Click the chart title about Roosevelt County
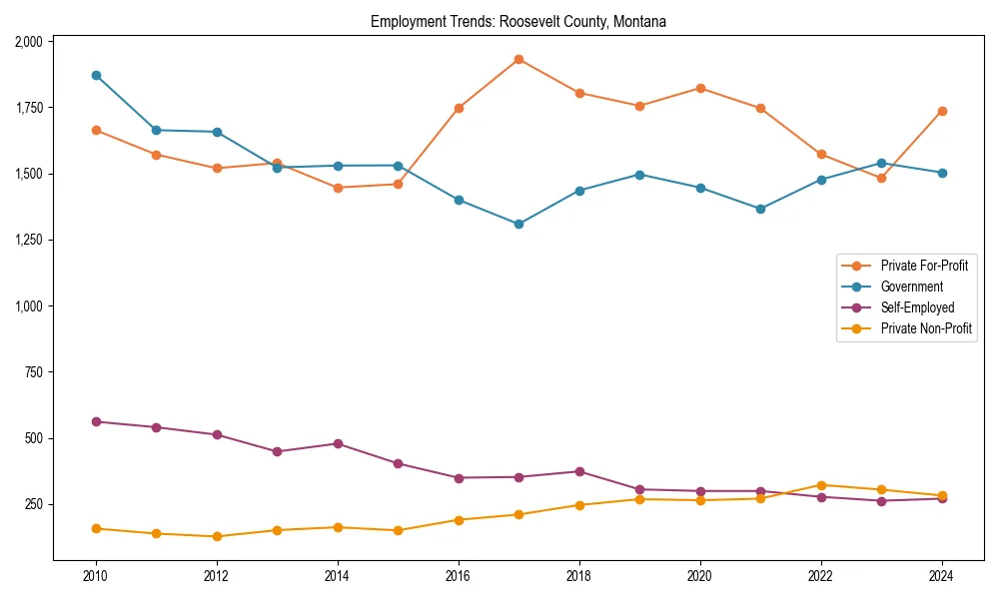[x=518, y=21]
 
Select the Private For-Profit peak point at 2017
[x=518, y=59]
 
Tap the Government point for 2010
[x=96, y=75]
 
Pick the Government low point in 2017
[x=518, y=224]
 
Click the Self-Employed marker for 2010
[x=96, y=421]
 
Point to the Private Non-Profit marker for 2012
[x=217, y=536]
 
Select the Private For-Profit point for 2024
[x=942, y=111]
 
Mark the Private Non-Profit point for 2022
[x=821, y=485]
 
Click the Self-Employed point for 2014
[x=338, y=443]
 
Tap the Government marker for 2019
[x=639, y=174]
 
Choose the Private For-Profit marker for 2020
[x=700, y=88]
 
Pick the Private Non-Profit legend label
[x=926, y=327]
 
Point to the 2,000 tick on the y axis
[x=28, y=41]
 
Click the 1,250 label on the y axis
[x=28, y=240]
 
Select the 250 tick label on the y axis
[x=35, y=504]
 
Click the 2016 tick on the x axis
[x=459, y=576]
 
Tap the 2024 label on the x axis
[x=942, y=576]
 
